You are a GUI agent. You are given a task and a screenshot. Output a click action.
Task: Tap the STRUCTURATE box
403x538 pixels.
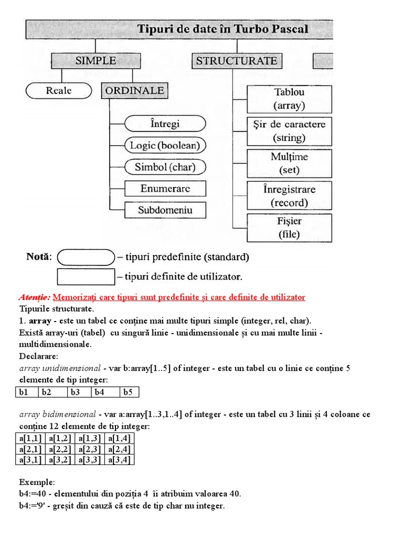click(236, 61)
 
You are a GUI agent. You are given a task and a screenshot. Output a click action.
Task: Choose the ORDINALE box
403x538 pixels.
click(134, 90)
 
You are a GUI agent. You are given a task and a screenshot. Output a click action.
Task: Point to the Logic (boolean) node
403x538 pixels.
click(165, 146)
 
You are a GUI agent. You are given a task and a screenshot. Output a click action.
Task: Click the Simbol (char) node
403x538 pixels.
click(165, 167)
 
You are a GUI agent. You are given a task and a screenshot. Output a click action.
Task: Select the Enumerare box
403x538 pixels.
click(165, 189)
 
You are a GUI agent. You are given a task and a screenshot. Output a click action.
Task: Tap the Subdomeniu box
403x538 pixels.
click(165, 210)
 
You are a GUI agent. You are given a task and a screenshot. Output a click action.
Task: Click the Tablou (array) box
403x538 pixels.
click(289, 99)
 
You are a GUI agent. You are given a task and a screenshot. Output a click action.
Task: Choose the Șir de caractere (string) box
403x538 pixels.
click(289, 131)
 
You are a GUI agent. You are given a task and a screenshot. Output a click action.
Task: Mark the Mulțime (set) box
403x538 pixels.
click(289, 163)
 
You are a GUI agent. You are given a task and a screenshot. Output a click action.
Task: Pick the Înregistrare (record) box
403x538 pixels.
click(289, 196)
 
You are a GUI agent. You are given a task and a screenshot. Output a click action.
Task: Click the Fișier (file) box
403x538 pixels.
click(289, 228)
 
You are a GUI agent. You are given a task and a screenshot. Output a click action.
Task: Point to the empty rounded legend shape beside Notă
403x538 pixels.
click(85, 257)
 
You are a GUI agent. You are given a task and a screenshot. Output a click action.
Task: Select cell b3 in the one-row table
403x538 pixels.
click(78, 392)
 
